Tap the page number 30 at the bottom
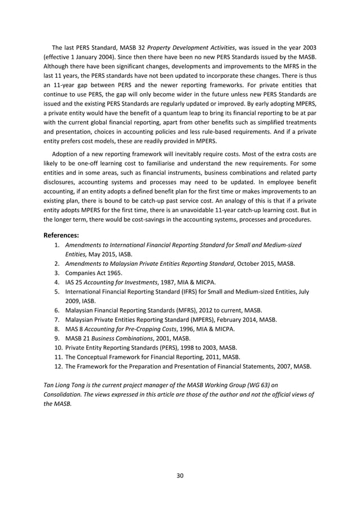click(180, 475)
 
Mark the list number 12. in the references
click(58, 366)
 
